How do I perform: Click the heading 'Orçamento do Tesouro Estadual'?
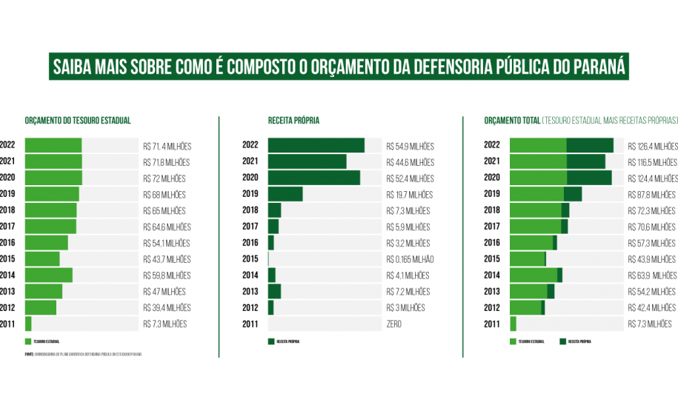pyautogui.click(x=77, y=120)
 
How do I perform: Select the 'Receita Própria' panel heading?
pyautogui.click(x=293, y=120)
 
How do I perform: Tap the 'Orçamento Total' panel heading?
pyautogui.click(x=511, y=120)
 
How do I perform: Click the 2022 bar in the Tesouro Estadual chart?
pyautogui.click(x=53, y=146)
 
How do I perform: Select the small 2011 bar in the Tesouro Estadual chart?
pyautogui.click(x=28, y=324)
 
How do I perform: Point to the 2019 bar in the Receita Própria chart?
pyautogui.click(x=285, y=194)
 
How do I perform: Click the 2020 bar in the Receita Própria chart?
pyautogui.click(x=313, y=178)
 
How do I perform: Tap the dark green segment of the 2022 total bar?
pyautogui.click(x=590, y=146)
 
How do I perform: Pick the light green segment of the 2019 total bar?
pyautogui.click(x=536, y=194)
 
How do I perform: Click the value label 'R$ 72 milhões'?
pyautogui.click(x=164, y=178)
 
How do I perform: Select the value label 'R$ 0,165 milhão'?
pyautogui.click(x=410, y=259)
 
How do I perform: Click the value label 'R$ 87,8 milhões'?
pyautogui.click(x=651, y=195)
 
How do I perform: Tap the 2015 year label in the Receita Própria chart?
pyautogui.click(x=250, y=259)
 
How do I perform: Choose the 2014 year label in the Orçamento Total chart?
pyautogui.click(x=491, y=275)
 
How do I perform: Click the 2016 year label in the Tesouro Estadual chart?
pyautogui.click(x=7, y=243)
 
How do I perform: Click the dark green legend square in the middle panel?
pyautogui.click(x=271, y=341)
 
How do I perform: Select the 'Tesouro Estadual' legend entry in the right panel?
pyautogui.click(x=527, y=341)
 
